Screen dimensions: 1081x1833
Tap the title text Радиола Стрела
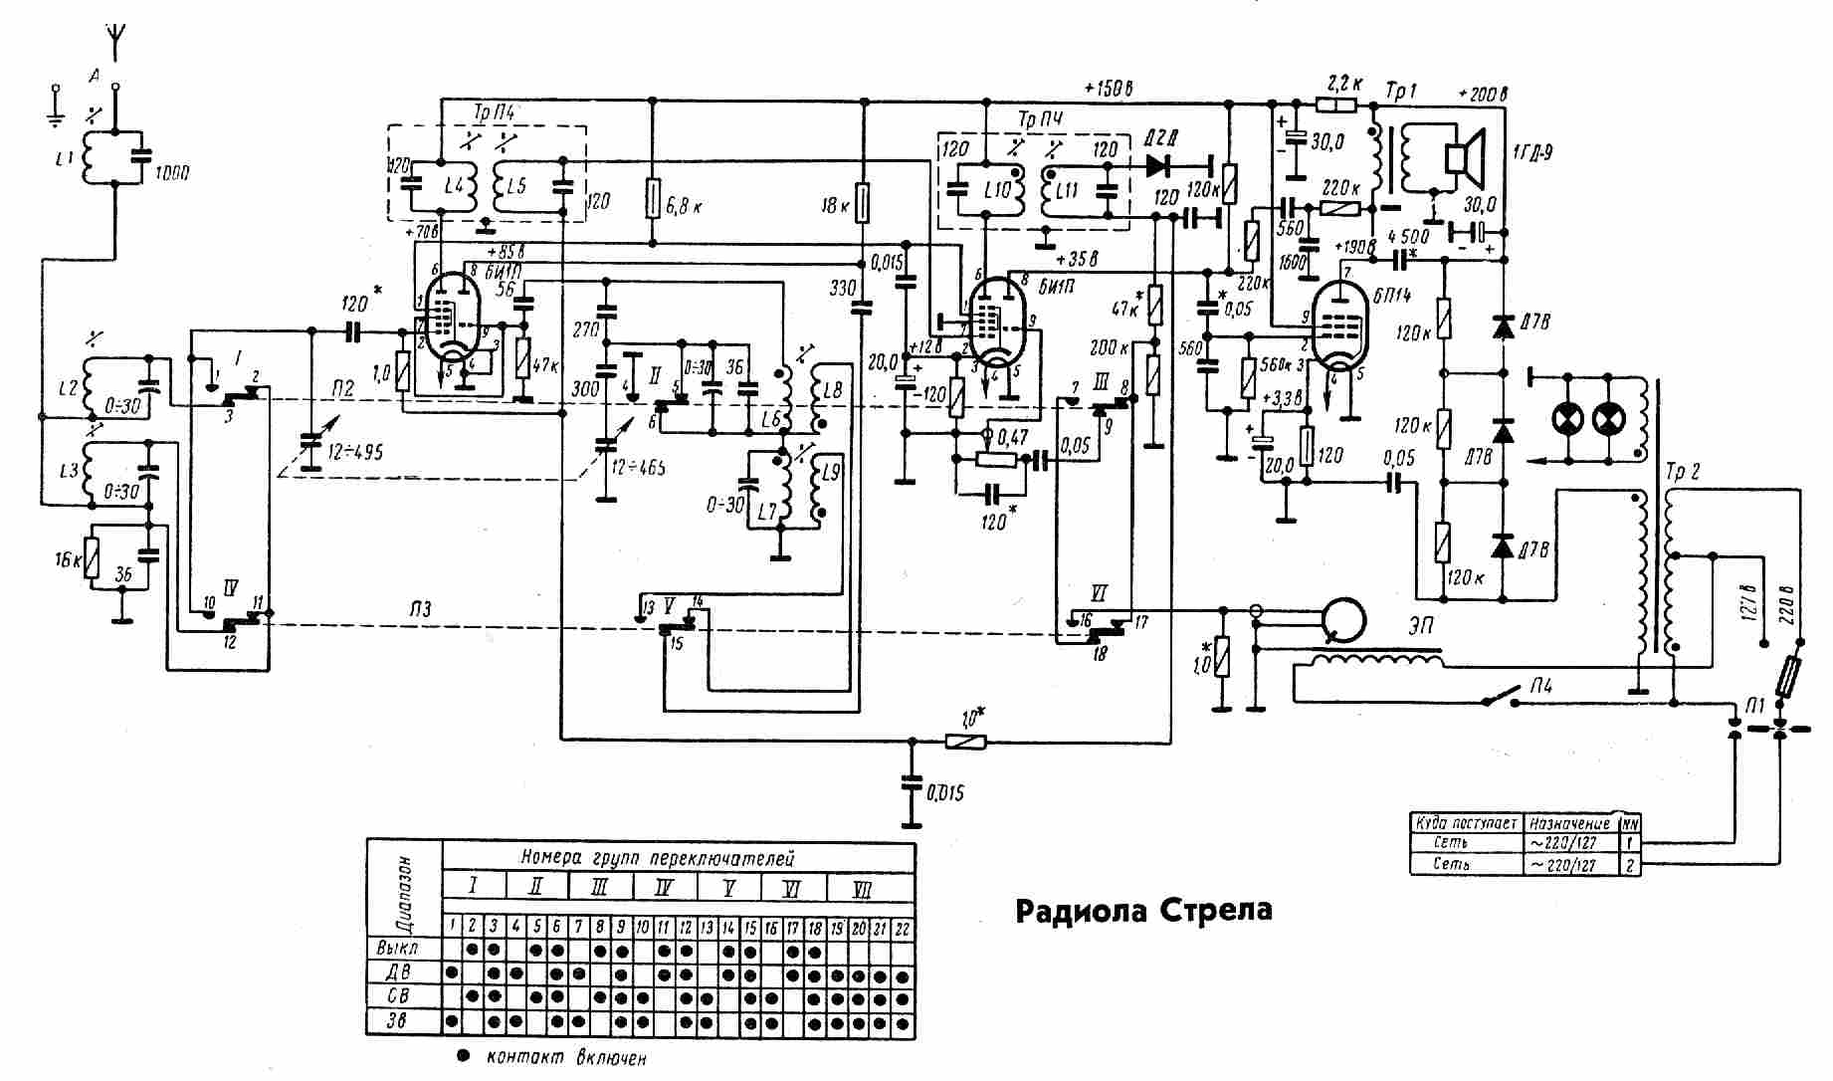pyautogui.click(x=1143, y=910)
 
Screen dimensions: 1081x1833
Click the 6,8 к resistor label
pyautogui.click(x=686, y=207)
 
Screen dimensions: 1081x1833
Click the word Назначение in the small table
pyautogui.click(x=1569, y=823)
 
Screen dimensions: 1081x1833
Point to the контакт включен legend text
pyautogui.click(x=566, y=1057)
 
